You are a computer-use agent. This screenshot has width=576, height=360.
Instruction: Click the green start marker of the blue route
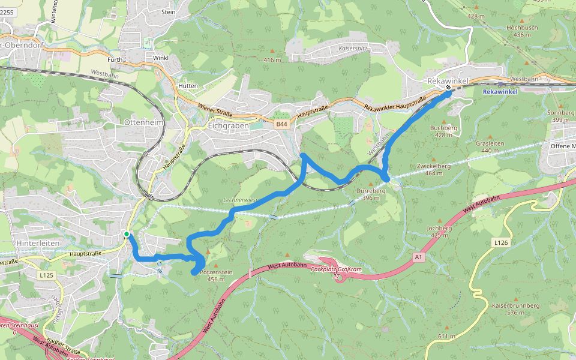click(x=127, y=234)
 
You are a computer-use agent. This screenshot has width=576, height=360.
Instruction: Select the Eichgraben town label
click(x=227, y=126)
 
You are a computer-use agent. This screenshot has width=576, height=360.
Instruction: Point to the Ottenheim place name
click(x=143, y=122)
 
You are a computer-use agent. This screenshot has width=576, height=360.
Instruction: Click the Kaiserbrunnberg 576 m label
click(x=515, y=309)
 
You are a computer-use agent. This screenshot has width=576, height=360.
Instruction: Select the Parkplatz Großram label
click(x=336, y=269)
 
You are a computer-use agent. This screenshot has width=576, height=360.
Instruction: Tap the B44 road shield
click(x=282, y=124)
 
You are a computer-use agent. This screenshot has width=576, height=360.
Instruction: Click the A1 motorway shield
click(x=418, y=257)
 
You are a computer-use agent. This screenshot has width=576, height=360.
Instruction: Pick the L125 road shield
click(x=46, y=275)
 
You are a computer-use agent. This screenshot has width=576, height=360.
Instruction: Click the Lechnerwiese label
click(x=240, y=199)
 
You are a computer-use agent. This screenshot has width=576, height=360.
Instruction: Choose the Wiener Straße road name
click(x=215, y=110)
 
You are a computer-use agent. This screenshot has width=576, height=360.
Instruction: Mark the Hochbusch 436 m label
click(x=522, y=31)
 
